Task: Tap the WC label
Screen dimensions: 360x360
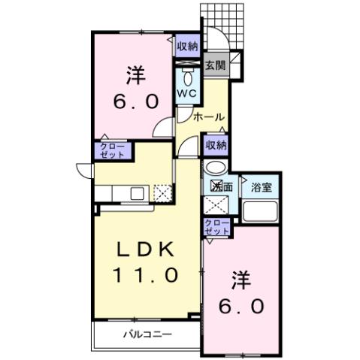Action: (187, 94)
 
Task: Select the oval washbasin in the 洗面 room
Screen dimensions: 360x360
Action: (215, 168)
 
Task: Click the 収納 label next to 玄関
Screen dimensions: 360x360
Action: (188, 46)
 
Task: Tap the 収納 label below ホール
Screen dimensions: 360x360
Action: (216, 145)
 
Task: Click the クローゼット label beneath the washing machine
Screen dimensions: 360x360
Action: (216, 228)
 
